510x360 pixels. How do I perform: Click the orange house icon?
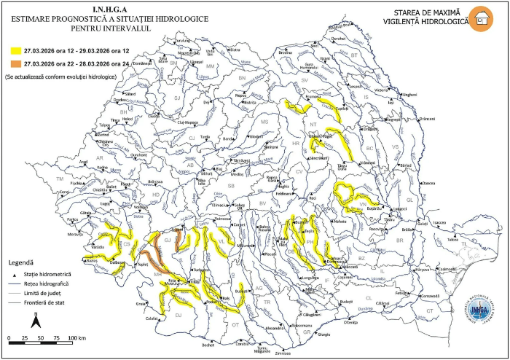[479, 17]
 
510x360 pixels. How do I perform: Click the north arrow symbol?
[36, 319]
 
